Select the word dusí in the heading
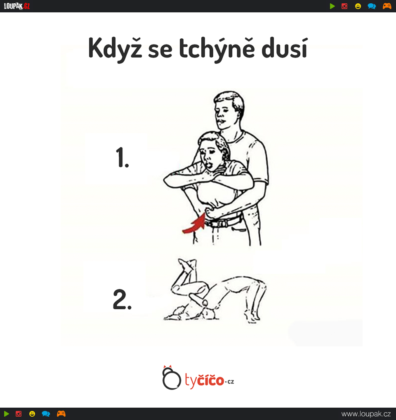point(284,48)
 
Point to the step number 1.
point(123,157)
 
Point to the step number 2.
point(123,299)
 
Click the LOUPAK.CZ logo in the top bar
point(17,6)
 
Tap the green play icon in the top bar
point(332,6)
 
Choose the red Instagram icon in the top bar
point(344,6)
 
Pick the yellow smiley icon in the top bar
point(358,6)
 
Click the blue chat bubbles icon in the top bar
point(372,6)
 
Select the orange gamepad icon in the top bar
point(387,6)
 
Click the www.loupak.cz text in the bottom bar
point(366,414)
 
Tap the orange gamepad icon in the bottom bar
point(61,413)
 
